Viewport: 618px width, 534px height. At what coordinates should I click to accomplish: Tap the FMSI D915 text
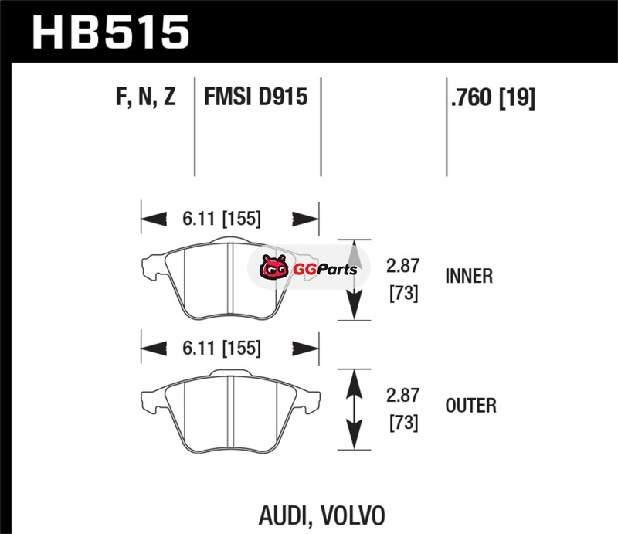tap(256, 98)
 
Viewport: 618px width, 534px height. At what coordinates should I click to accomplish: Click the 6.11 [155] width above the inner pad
tap(222, 219)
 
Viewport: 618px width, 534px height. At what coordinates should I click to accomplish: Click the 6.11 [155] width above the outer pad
tap(222, 348)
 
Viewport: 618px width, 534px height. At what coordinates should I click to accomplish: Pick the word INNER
tap(469, 276)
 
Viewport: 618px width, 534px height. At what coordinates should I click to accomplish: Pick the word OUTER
tap(470, 405)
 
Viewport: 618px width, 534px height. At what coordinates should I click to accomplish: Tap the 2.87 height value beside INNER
tap(402, 267)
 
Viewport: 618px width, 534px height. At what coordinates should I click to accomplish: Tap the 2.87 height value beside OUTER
tap(402, 396)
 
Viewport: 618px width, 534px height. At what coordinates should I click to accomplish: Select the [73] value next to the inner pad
tap(402, 294)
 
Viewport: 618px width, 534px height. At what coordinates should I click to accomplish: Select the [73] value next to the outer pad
tap(402, 423)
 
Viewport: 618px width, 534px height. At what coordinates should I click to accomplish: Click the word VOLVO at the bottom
tap(351, 515)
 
